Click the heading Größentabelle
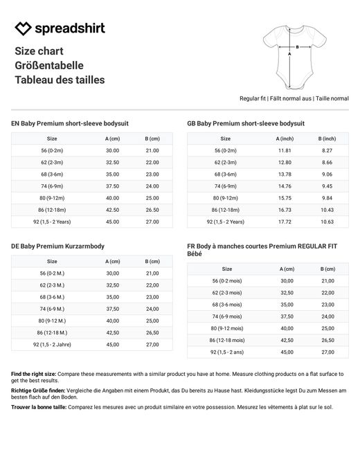click(x=49, y=65)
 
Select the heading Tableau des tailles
click(x=60, y=80)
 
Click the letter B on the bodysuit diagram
click(x=298, y=46)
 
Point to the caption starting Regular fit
click(x=294, y=99)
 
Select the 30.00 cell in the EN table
click(x=112, y=150)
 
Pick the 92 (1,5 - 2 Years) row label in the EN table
click(x=52, y=222)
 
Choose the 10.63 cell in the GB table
click(x=327, y=222)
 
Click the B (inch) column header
click(x=327, y=138)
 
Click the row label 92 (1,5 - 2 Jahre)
click(x=52, y=344)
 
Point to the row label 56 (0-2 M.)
click(x=52, y=273)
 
